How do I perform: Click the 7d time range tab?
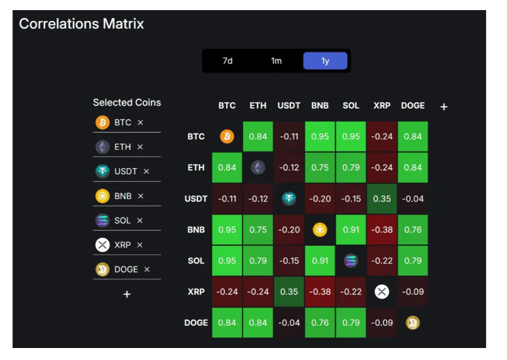228,61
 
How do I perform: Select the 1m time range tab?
277,61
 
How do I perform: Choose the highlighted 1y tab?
325,61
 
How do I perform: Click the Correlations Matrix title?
81,24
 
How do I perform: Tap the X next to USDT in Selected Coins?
146,171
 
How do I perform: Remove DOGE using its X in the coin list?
147,269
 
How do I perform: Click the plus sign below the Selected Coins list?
127,294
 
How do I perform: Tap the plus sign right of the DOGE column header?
444,107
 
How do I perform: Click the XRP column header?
382,105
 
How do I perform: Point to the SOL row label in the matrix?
196,261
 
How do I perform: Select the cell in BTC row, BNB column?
320,136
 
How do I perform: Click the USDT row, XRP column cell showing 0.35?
382,198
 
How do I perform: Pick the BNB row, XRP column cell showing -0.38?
382,230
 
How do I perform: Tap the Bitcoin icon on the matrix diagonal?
227,136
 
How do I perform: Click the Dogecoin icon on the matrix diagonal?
413,323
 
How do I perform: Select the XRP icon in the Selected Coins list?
102,245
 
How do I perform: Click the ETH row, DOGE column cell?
413,167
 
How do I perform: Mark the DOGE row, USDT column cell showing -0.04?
289,323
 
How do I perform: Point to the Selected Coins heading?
127,102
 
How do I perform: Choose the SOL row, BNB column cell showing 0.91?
320,261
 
